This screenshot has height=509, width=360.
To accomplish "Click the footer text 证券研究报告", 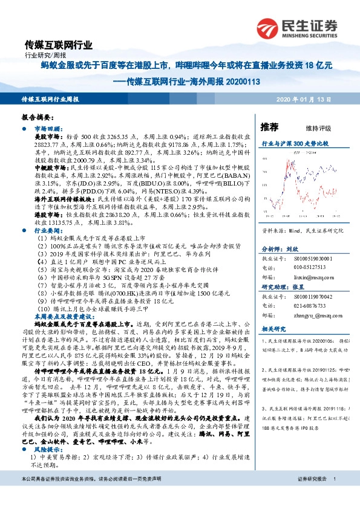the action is click(312, 496).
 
